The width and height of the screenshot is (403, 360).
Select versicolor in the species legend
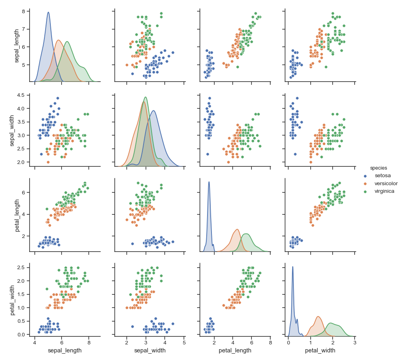[385, 183]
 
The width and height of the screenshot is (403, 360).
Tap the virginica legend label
[384, 191]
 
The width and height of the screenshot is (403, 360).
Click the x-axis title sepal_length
[65, 350]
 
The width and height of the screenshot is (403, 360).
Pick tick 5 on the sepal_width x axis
[184, 343]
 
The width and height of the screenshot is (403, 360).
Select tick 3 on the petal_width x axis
[355, 343]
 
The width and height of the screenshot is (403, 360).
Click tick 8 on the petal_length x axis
[270, 343]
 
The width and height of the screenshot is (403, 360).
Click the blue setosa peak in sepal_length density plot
[48, 12]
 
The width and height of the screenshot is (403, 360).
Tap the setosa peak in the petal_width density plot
[293, 267]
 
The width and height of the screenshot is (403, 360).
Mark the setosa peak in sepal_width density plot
[154, 111]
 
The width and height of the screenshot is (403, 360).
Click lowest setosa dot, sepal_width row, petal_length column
[207, 154]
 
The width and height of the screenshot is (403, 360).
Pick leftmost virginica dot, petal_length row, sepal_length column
[47, 209]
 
